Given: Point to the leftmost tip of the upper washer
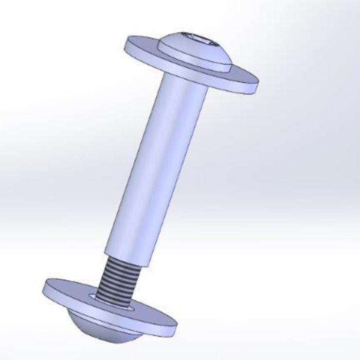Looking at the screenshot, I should [x=126, y=44].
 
